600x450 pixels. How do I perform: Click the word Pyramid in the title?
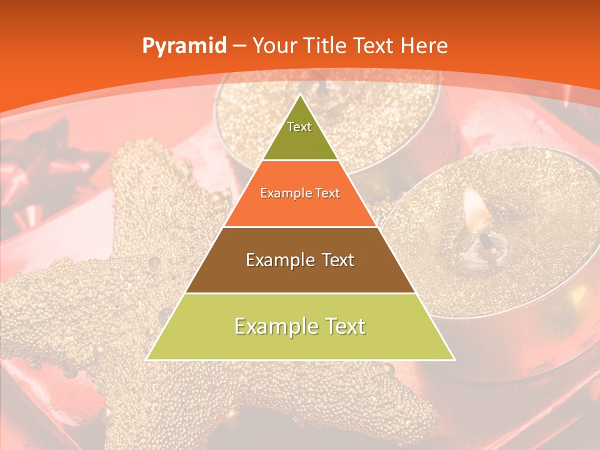tap(184, 46)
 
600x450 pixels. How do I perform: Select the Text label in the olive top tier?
tap(299, 127)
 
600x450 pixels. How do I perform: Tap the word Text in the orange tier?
tap(327, 194)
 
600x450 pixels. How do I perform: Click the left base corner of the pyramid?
tap(147, 359)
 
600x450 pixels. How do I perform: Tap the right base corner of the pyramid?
tap(454, 359)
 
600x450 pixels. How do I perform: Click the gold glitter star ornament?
tap(94, 300)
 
